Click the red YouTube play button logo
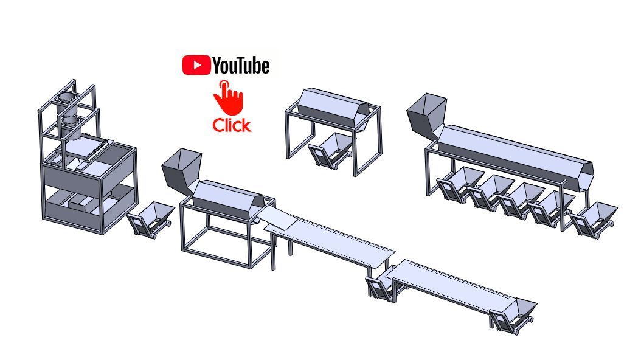click(x=196, y=66)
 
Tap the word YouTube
click(x=241, y=66)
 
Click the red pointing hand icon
click(x=228, y=97)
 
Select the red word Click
click(x=231, y=125)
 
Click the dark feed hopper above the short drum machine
click(x=181, y=171)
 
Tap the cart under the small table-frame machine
click(x=331, y=150)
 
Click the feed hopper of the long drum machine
click(x=426, y=115)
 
